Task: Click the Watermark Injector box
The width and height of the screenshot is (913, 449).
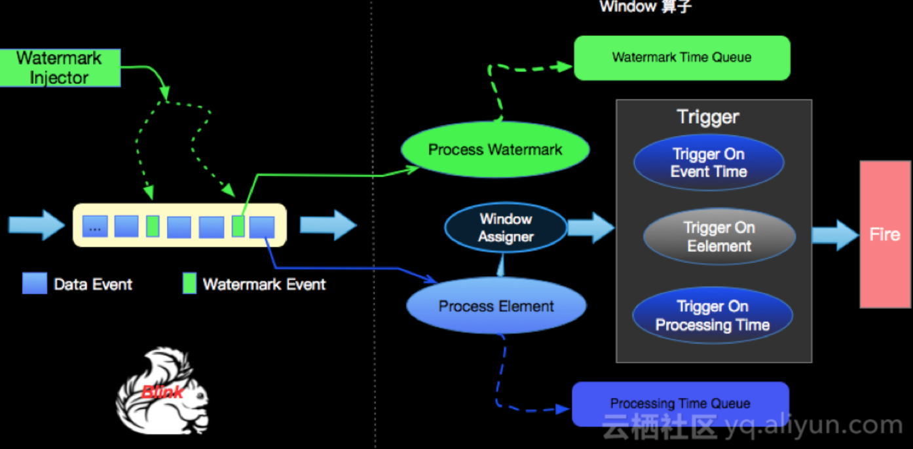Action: click(x=60, y=67)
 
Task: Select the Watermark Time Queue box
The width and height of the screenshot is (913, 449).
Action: click(x=682, y=58)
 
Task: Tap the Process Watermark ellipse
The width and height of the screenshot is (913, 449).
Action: click(x=494, y=149)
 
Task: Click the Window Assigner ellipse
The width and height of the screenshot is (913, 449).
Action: click(x=506, y=228)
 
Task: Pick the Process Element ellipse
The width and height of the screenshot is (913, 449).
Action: click(x=496, y=306)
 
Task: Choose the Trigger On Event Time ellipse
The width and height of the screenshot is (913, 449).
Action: click(x=709, y=162)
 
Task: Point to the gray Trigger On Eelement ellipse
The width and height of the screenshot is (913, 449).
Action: click(x=719, y=237)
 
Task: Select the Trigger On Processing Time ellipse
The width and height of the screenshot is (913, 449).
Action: click(x=713, y=315)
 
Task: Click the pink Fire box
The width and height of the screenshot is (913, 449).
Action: click(x=885, y=234)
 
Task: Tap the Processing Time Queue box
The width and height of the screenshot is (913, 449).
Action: click(x=680, y=404)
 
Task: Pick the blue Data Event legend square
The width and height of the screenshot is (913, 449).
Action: click(x=35, y=283)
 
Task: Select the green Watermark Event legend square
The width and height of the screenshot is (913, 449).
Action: click(x=189, y=283)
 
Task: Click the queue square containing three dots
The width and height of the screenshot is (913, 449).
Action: click(x=95, y=226)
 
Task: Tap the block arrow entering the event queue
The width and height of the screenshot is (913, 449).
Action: click(x=37, y=224)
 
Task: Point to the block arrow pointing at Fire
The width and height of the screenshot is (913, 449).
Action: click(x=835, y=235)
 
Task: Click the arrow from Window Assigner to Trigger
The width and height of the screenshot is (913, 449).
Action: click(x=591, y=228)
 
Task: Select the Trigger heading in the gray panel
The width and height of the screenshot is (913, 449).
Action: click(x=708, y=117)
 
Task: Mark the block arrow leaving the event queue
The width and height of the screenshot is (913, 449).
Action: click(x=329, y=224)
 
